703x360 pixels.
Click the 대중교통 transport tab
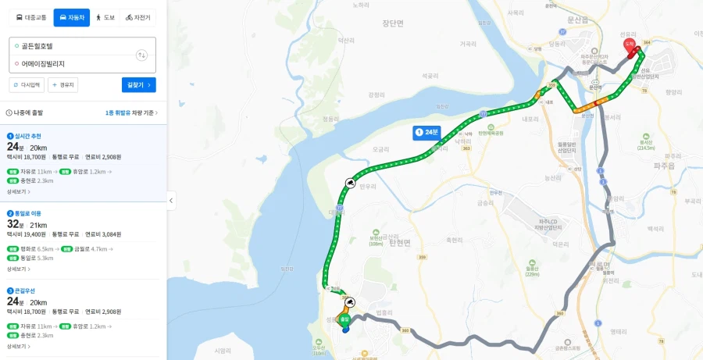[31, 17]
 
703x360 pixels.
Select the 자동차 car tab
[72, 17]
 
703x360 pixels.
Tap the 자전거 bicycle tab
[138, 17]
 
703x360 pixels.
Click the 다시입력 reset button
[27, 85]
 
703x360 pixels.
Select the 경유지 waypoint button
[63, 85]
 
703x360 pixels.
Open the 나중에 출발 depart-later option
[25, 113]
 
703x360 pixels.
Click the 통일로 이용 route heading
[27, 213]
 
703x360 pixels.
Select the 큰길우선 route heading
[23, 290]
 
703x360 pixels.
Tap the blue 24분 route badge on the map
[427, 133]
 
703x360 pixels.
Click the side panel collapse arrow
[171, 201]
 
